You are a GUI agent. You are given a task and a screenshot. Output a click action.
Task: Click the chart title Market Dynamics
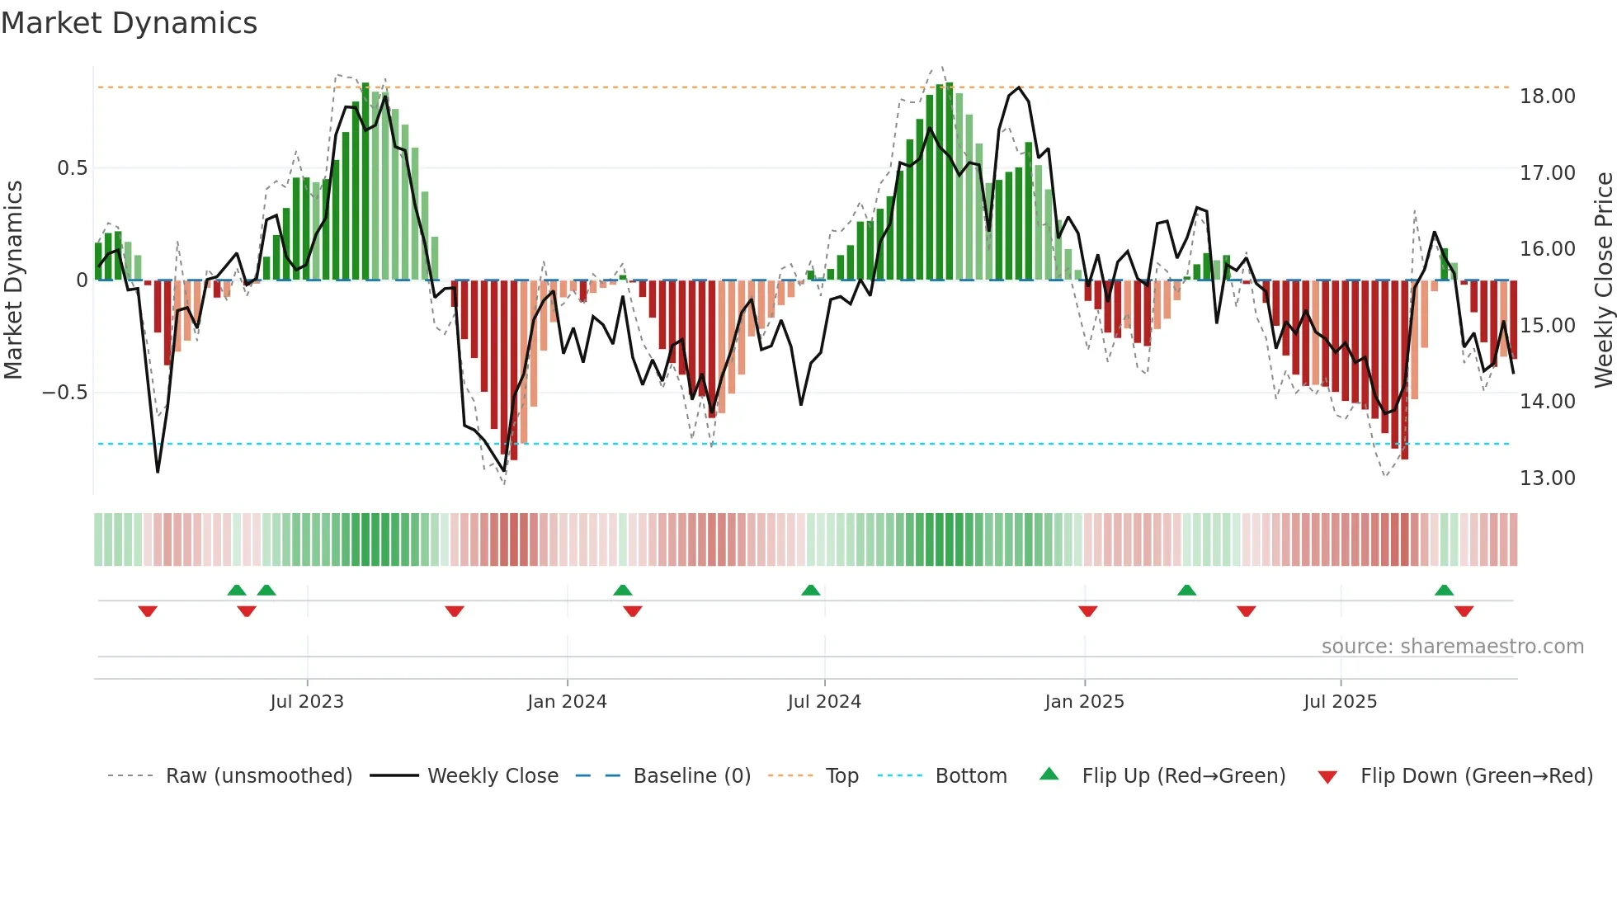tap(130, 23)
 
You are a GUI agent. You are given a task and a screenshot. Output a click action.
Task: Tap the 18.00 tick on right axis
tap(1547, 97)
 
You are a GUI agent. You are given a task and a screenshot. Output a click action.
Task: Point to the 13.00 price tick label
tap(1547, 478)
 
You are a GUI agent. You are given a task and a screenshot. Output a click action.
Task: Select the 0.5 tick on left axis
tap(73, 168)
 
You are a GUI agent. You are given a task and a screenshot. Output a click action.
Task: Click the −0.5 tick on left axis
tap(65, 393)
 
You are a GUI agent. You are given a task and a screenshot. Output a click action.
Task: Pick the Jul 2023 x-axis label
tap(307, 702)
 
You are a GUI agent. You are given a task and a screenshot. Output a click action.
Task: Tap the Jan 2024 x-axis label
tap(567, 702)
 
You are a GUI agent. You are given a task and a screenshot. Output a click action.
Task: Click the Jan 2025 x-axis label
tap(1084, 702)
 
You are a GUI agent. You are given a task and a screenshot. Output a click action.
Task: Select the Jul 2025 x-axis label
tap(1340, 702)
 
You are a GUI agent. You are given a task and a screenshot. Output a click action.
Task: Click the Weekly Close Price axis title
tap(1603, 280)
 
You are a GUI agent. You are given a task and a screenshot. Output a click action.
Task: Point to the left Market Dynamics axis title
tap(13, 280)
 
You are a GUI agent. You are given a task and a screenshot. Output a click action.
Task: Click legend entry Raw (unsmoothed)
tap(258, 776)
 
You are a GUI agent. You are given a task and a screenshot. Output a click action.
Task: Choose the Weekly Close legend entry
tap(493, 776)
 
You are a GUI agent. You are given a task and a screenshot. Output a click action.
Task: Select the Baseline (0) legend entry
tap(691, 776)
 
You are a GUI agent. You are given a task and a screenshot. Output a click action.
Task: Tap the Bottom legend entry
tap(970, 776)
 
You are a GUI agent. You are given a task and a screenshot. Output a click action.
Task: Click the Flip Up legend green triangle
tap(1049, 775)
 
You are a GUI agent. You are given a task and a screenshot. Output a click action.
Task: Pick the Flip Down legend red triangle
tap(1327, 777)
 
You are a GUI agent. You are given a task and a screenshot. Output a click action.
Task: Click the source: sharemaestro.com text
tap(1452, 647)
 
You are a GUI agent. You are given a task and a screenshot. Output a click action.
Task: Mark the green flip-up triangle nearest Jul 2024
tap(811, 591)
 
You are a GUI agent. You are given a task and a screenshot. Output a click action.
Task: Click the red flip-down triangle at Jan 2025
tap(1087, 611)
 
